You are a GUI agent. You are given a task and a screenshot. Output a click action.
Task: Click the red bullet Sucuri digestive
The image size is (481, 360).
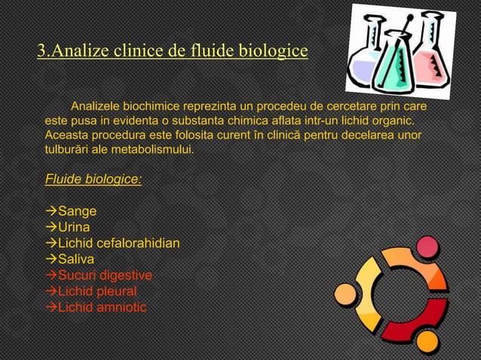[x=105, y=275]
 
